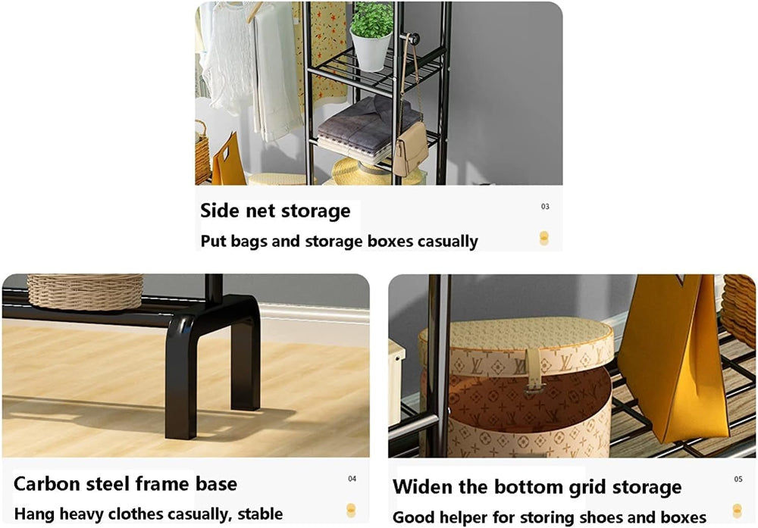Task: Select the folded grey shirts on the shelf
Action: point(369,127)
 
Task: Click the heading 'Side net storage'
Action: point(275,211)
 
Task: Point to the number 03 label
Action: point(545,206)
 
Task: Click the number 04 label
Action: point(352,479)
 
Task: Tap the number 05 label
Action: point(738,479)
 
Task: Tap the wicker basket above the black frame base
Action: point(85,292)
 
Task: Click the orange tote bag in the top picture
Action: point(228,161)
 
